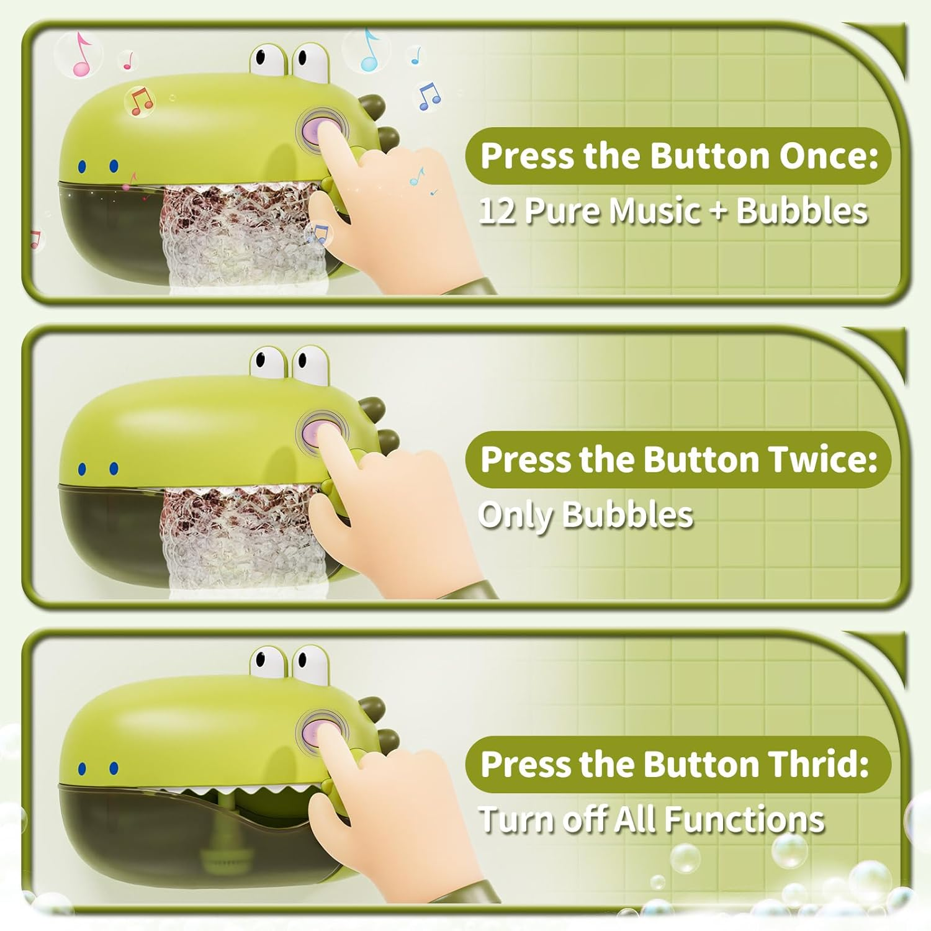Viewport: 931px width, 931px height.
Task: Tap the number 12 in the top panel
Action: point(497,211)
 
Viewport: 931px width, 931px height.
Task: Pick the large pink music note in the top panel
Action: point(81,54)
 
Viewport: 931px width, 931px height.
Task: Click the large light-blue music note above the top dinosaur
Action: point(371,50)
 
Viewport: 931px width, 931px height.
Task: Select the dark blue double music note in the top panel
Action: point(429,96)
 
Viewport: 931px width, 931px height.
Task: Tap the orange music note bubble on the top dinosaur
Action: point(140,101)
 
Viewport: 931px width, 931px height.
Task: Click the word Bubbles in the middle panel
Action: point(627,515)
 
